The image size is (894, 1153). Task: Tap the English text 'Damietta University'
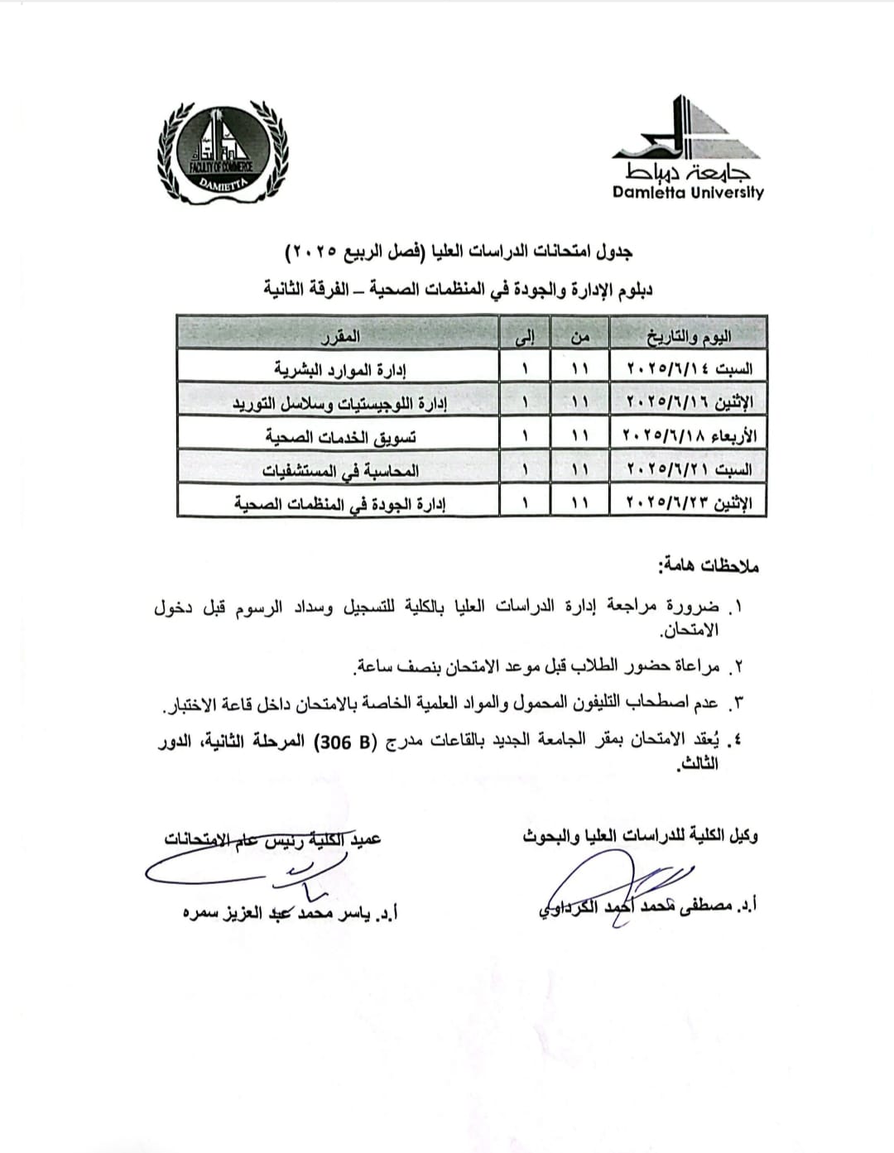click(x=688, y=193)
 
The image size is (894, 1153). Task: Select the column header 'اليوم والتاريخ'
click(x=688, y=336)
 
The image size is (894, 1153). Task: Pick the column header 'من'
click(x=579, y=336)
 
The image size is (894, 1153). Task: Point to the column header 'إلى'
click(x=525, y=336)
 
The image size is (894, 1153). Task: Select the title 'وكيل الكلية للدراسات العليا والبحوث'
click(x=640, y=836)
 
